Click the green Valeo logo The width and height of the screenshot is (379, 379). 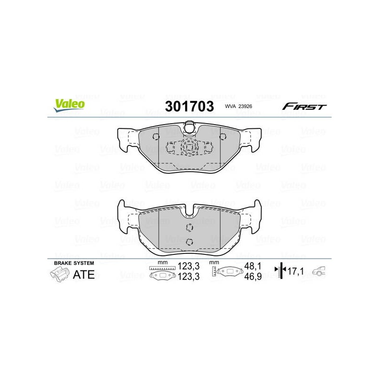[69, 105]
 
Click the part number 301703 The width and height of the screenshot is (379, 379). [189, 106]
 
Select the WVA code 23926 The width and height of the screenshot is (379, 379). [245, 106]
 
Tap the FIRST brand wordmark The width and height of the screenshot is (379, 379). [304, 107]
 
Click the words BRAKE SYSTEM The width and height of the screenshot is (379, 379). [74, 263]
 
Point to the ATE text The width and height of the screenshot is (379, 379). [84, 275]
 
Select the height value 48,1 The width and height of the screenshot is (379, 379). [253, 266]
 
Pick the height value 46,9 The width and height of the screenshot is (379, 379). [253, 276]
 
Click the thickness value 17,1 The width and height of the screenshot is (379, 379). [296, 271]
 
